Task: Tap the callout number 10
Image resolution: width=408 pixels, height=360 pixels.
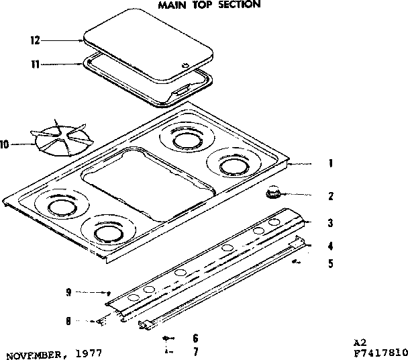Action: click(6, 143)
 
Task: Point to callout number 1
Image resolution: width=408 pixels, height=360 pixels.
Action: click(330, 163)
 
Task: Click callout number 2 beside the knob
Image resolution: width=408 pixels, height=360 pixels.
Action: click(330, 197)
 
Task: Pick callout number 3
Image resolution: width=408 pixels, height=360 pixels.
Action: click(330, 223)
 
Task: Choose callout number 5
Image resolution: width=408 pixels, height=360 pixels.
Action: click(330, 264)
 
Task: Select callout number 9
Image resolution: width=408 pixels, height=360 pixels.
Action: click(68, 292)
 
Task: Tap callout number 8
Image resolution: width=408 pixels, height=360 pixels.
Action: click(68, 321)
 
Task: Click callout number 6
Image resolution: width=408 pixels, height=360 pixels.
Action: click(195, 338)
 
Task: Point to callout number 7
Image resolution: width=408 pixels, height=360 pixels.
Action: click(195, 351)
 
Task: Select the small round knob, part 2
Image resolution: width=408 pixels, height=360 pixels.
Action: click(272, 194)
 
